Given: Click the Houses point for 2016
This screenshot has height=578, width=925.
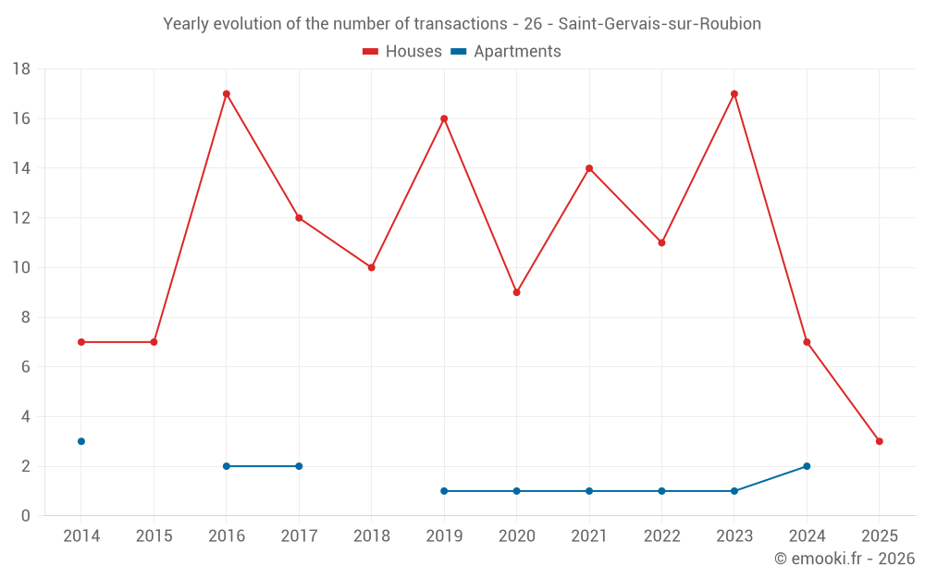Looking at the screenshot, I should click(x=227, y=93).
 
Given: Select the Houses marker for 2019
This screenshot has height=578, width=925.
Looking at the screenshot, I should click(x=444, y=118).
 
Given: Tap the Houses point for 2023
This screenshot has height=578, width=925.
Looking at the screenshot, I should click(x=734, y=93).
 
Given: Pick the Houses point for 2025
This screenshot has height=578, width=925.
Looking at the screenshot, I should click(x=880, y=441).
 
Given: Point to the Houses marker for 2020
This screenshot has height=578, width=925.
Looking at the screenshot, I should click(x=517, y=292).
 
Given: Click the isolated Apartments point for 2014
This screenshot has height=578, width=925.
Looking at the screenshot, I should click(x=81, y=441).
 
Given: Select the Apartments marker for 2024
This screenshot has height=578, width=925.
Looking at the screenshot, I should click(x=807, y=466).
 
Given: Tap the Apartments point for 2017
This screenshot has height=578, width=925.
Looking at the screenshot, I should click(x=299, y=466).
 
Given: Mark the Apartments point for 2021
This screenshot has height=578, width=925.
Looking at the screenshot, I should click(x=589, y=491).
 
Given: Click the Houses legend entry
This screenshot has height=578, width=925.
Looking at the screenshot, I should click(x=402, y=52).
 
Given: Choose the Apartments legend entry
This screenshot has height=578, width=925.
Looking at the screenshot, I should click(x=506, y=52).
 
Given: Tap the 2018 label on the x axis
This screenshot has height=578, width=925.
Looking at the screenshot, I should click(x=371, y=536).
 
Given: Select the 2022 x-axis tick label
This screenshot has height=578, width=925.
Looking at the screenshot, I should click(x=661, y=536).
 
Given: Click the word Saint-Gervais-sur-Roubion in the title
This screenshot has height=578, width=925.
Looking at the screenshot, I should click(x=660, y=24).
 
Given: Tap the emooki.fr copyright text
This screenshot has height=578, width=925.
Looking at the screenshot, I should click(x=845, y=559).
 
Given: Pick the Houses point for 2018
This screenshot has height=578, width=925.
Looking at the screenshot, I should click(x=372, y=267).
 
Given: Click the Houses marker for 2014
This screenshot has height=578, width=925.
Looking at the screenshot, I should click(x=81, y=342).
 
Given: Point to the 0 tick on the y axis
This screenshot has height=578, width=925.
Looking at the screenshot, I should click(x=26, y=516).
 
